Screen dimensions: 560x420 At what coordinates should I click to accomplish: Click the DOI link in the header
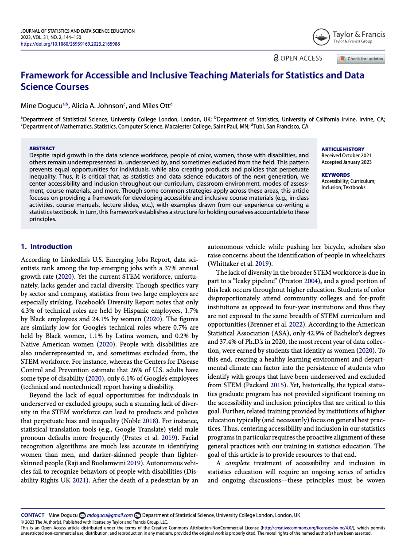pyautogui.click(x=70, y=44)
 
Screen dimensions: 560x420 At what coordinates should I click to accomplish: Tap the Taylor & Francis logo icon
pyautogui.click(x=321, y=37)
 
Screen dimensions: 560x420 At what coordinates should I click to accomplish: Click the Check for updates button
pyautogui.click(x=361, y=59)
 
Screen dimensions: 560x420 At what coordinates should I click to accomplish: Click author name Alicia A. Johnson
pyautogui.click(x=97, y=105)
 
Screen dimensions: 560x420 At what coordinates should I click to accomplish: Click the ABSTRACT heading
pyautogui.click(x=42, y=148)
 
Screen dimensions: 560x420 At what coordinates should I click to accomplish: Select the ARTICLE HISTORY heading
pyautogui.click(x=342, y=149)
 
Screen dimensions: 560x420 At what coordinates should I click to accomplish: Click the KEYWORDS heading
pyautogui.click(x=335, y=175)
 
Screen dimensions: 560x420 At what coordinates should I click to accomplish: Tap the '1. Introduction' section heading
pyautogui.click(x=47, y=247)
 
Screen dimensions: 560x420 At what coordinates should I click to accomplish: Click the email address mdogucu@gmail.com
pyautogui.click(x=110, y=515)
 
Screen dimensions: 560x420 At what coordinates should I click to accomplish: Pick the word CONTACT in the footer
pyautogui.click(x=33, y=515)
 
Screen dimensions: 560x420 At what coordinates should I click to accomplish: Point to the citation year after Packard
pyautogui.click(x=277, y=385)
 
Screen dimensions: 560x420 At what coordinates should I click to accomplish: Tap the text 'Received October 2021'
pyautogui.click(x=346, y=156)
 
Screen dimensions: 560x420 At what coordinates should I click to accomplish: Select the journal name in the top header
pyautogui.click(x=78, y=31)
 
